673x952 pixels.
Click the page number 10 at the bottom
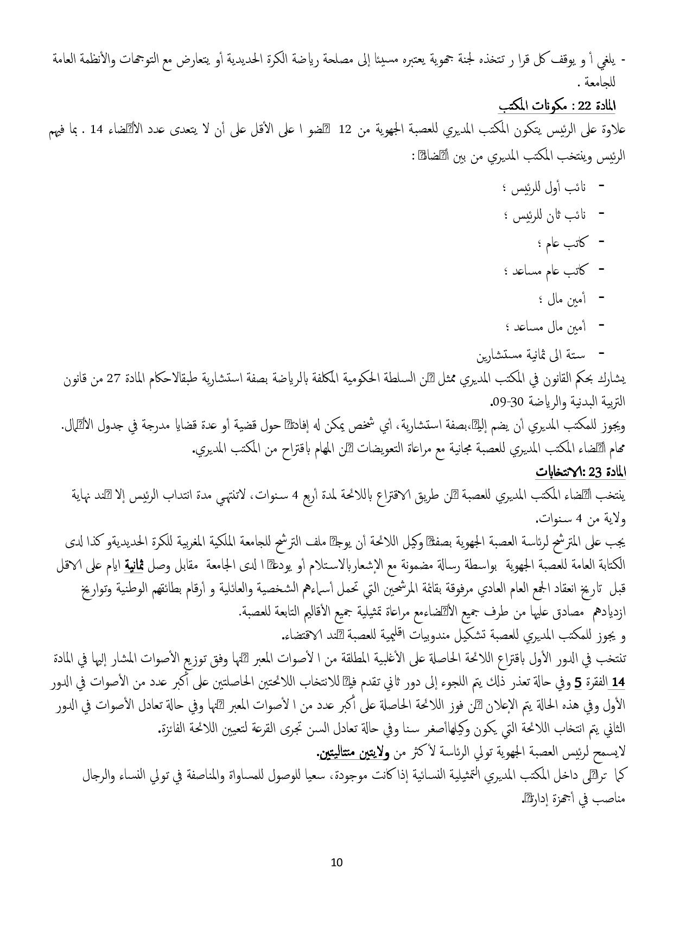[x=336, y=862]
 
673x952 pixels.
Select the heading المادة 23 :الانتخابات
[x=580, y=472]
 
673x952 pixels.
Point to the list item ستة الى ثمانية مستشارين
[x=531, y=356]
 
